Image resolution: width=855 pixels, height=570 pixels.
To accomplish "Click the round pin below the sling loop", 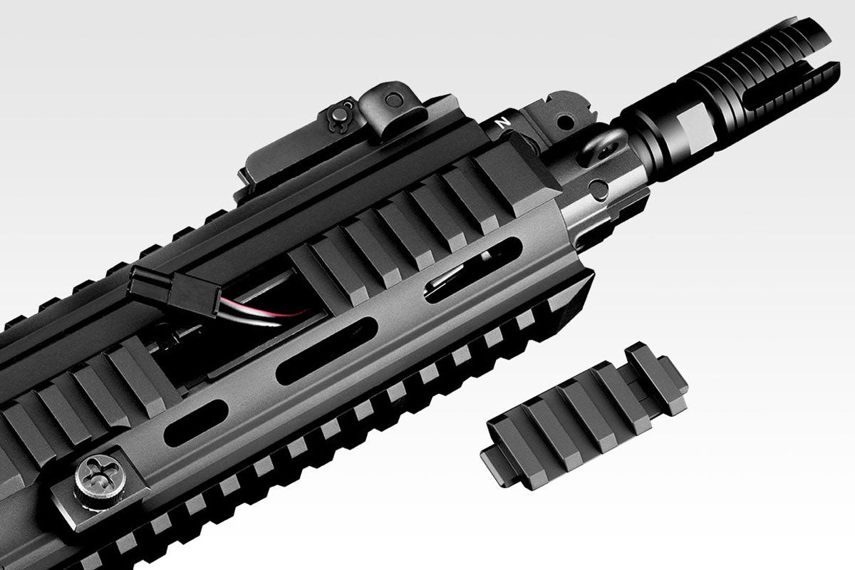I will [601, 188].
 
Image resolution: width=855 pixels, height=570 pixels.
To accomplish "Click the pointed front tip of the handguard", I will [591, 281].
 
